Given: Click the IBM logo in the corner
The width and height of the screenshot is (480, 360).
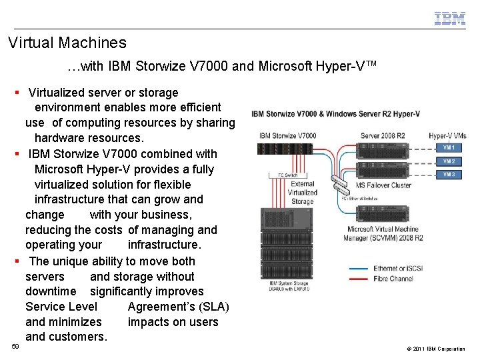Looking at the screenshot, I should [450, 18].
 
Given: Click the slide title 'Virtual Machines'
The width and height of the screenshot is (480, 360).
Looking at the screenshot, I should [67, 43].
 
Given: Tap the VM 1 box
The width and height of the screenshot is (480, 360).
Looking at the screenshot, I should [449, 147].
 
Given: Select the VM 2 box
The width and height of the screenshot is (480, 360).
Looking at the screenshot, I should [449, 161].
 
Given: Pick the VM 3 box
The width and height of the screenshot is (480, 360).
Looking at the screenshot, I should [449, 175].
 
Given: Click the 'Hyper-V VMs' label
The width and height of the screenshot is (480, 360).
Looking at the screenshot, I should [447, 136].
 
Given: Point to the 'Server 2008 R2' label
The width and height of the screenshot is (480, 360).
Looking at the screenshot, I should [383, 136].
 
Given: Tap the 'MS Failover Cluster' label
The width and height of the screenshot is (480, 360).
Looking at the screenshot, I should [383, 185].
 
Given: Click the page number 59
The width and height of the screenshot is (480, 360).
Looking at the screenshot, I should [15, 347].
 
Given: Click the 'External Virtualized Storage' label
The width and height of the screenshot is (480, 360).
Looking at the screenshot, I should [302, 193].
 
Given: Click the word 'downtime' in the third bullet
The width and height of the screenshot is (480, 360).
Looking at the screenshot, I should [51, 291].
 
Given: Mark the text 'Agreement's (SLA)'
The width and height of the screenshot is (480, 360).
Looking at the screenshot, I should [178, 307].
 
